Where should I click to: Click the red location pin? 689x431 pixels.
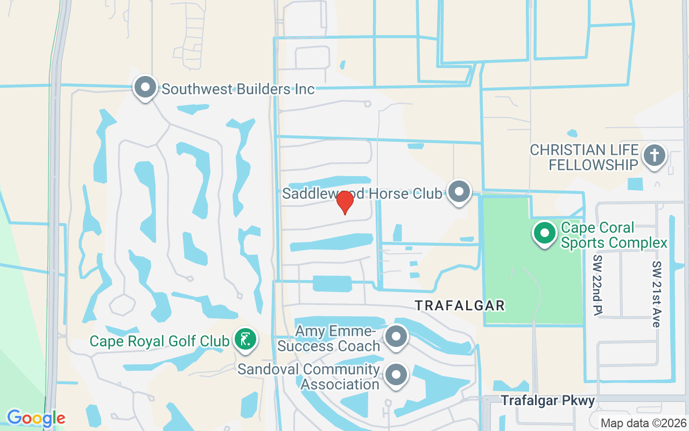click(x=344, y=202)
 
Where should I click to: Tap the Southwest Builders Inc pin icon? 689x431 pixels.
click(x=145, y=87)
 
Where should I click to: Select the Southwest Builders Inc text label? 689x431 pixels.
click(x=238, y=89)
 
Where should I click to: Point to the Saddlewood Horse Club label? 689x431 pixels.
click(x=362, y=193)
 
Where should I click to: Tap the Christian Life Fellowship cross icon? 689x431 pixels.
click(x=655, y=156)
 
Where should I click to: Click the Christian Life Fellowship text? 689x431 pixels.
click(x=583, y=157)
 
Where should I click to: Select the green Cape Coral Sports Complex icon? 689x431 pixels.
click(x=545, y=233)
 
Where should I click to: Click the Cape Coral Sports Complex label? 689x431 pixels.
click(x=614, y=235)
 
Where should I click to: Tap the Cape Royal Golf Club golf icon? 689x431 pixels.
click(x=245, y=339)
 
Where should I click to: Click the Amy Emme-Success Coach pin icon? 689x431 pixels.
click(x=397, y=337)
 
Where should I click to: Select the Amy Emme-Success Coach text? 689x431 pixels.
click(x=329, y=338)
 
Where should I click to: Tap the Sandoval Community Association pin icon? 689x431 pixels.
click(x=397, y=374)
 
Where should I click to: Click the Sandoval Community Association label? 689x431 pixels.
click(x=309, y=377)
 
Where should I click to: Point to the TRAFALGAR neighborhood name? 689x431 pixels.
click(x=460, y=306)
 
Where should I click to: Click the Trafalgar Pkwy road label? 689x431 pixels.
click(x=548, y=401)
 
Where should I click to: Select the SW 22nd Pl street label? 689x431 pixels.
click(x=597, y=285)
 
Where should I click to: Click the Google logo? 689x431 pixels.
click(x=36, y=418)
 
